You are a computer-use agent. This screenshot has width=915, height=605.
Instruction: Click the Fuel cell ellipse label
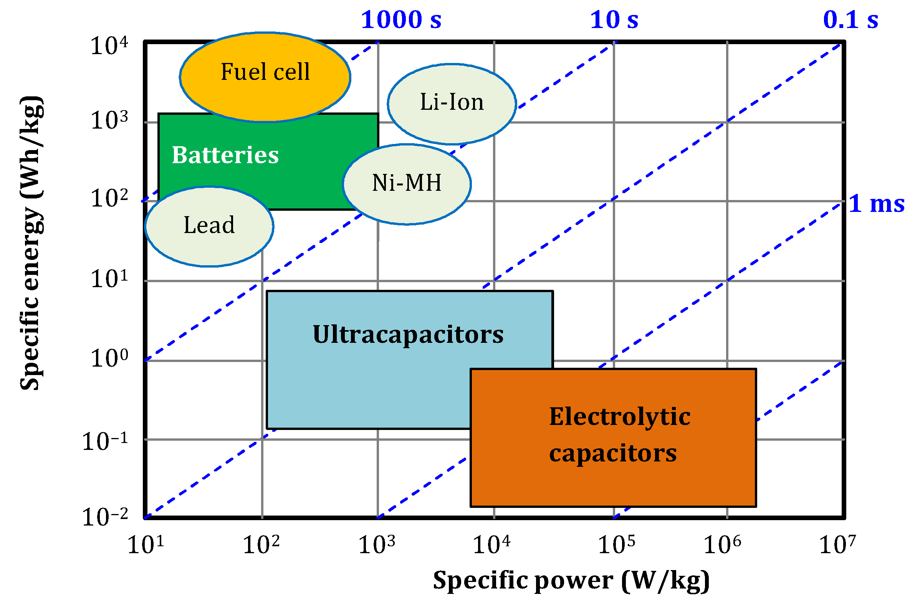(x=265, y=72)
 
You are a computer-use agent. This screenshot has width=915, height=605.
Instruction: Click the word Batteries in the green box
(x=225, y=155)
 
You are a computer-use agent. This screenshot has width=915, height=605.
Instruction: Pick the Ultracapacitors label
(x=408, y=334)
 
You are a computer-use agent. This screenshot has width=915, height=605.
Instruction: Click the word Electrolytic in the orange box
(x=620, y=417)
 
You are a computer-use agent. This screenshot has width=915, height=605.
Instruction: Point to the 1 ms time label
(x=876, y=204)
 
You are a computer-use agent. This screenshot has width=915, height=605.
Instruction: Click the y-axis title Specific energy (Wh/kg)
(x=31, y=243)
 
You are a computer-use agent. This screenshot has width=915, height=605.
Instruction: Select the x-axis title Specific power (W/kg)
(x=571, y=581)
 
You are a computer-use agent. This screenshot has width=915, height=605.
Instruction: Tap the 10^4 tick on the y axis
(x=109, y=46)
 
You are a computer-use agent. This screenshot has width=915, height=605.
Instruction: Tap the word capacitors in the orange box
(x=613, y=454)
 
